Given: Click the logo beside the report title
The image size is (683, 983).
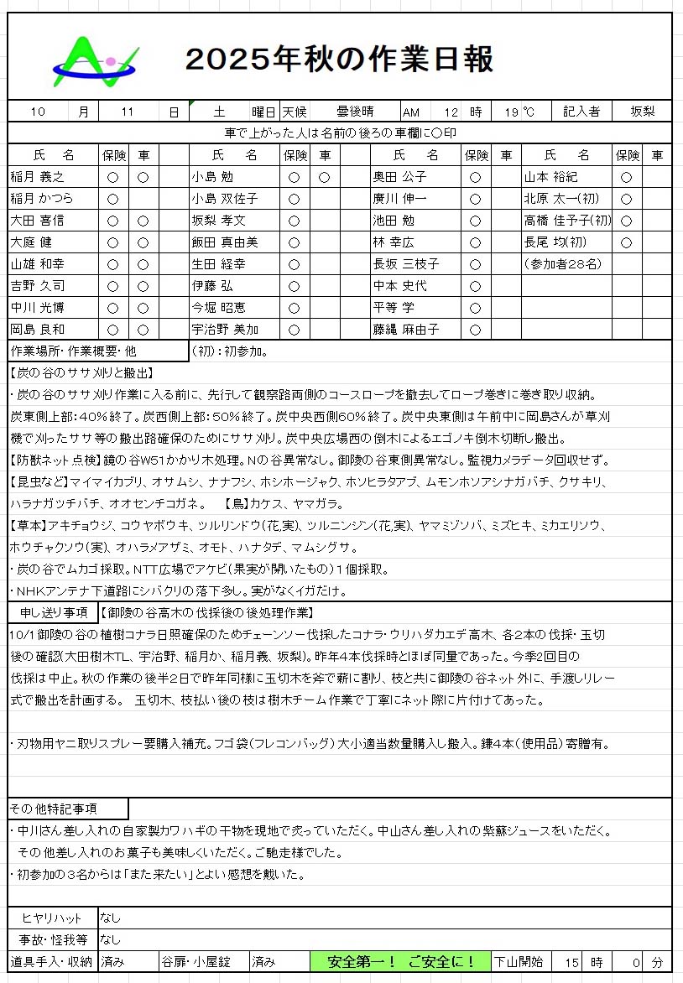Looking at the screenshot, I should point(95,63).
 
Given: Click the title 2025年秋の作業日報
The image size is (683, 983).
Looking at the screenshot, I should point(339,59).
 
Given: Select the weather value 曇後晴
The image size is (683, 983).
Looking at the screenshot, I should point(355,112).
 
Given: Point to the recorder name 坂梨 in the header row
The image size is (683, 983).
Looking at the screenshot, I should point(641,112).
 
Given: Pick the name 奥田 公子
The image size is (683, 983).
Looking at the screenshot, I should point(399,177).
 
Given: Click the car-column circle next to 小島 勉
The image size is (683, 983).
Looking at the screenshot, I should point(324,177).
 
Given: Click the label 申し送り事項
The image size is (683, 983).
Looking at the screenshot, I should point(52,612).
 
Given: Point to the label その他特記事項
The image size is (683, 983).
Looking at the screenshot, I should point(54,809).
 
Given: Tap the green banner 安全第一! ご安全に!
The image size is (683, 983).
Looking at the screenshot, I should point(401,961).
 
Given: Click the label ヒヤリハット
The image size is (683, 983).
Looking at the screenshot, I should point(52,918).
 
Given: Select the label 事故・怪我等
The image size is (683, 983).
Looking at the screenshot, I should point(52,939).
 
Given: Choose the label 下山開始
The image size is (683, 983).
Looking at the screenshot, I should point(518,961).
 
